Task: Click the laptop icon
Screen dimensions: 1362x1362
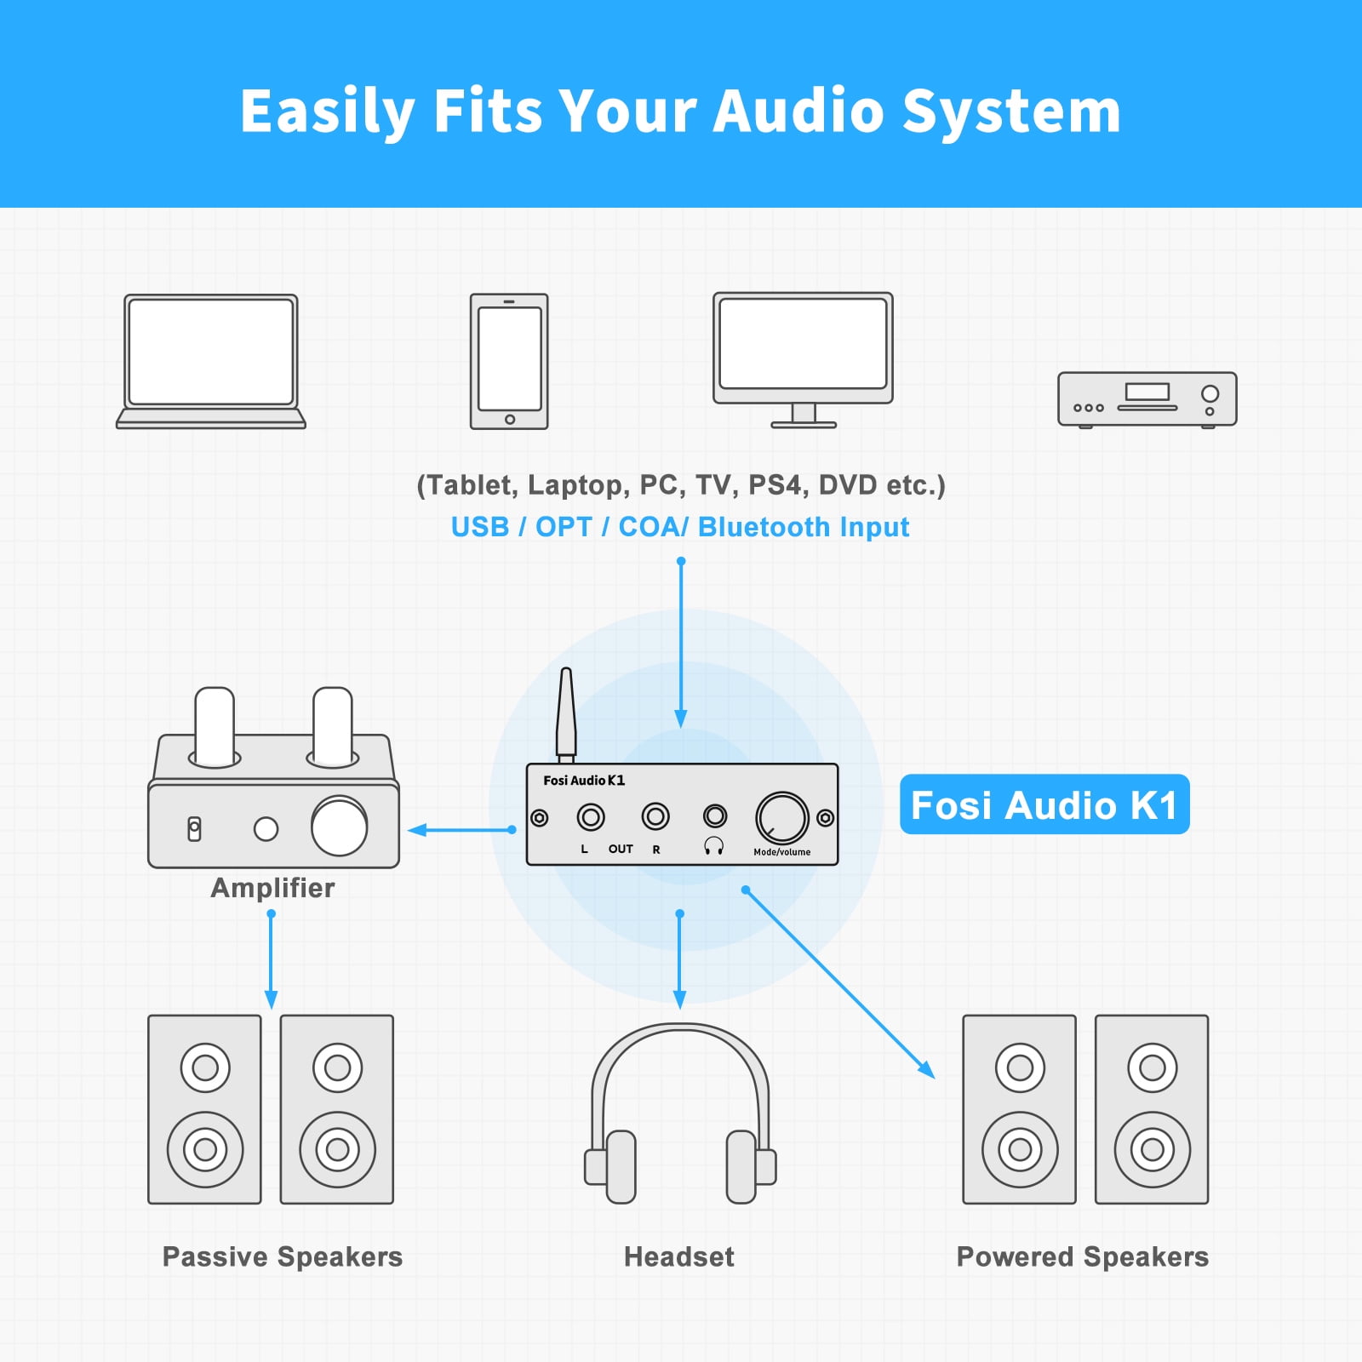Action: point(210,361)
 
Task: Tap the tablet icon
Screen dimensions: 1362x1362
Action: point(509,361)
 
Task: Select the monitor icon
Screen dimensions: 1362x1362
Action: point(803,359)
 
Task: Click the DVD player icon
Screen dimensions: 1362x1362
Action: point(1147,399)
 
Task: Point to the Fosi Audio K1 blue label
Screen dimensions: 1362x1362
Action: point(1044,804)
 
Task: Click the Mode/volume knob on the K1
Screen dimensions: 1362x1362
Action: point(781,818)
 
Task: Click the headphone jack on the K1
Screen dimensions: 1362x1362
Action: point(715,816)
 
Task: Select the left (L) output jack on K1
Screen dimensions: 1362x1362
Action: point(591,818)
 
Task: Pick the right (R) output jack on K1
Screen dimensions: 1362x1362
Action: point(655,817)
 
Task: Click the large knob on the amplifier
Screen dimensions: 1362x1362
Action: point(340,826)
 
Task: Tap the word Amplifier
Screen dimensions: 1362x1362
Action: point(272,888)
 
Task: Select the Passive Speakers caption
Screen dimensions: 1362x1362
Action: point(283,1256)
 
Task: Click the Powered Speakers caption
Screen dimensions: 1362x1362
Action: point(1083,1256)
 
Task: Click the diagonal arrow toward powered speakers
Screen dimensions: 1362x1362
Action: point(839,983)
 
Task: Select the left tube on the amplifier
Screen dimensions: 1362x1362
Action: point(215,725)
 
